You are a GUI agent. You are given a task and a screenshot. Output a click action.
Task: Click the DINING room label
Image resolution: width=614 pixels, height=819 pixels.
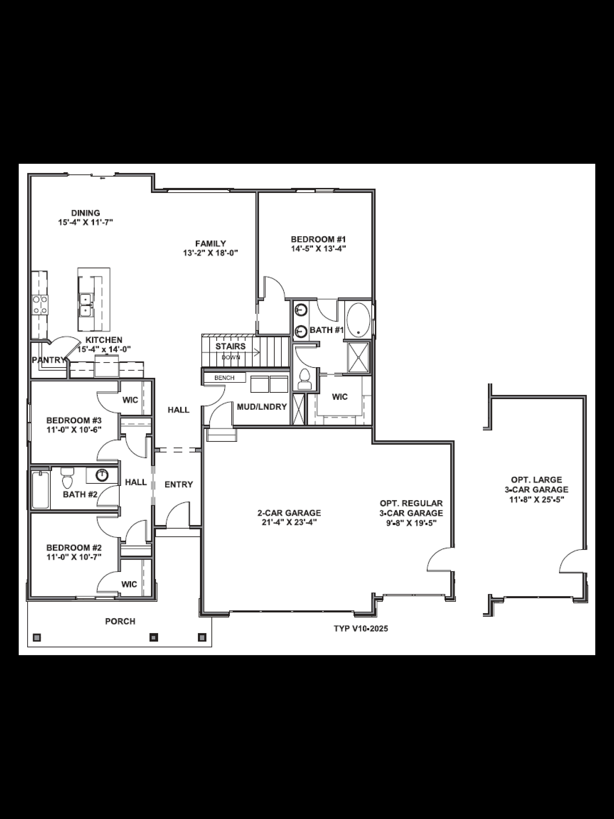[85, 213]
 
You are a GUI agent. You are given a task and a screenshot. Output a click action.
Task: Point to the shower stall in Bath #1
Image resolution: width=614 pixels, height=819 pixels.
[358, 357]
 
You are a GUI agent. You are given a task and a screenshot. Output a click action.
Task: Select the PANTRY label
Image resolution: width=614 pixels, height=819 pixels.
[48, 360]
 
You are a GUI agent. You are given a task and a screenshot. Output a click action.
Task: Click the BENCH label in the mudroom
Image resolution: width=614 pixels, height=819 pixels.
[224, 378]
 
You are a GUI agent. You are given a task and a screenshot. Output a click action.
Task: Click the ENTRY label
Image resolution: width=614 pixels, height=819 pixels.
[179, 484]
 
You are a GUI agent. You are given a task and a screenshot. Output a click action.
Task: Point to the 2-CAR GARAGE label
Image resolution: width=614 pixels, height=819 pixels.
[289, 513]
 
